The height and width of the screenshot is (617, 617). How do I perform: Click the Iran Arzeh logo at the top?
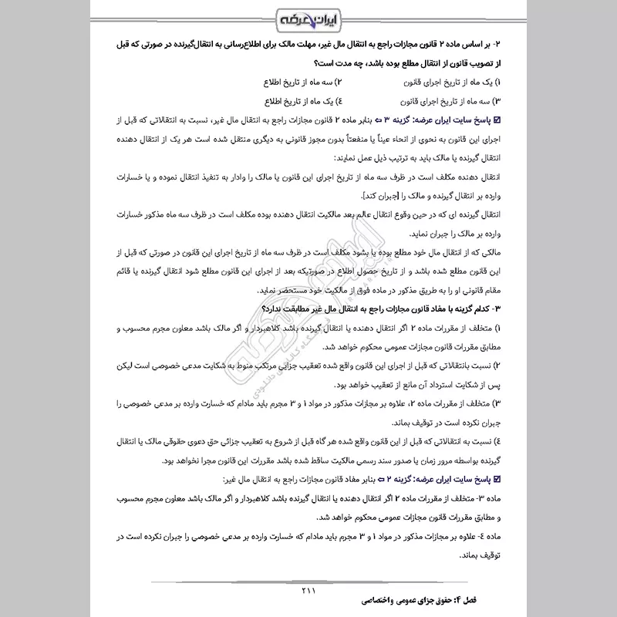pyautogui.click(x=308, y=18)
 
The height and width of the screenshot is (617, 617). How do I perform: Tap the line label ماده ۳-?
pyautogui.click(x=487, y=497)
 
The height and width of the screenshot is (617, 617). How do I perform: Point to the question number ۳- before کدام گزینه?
pyautogui.click(x=496, y=308)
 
